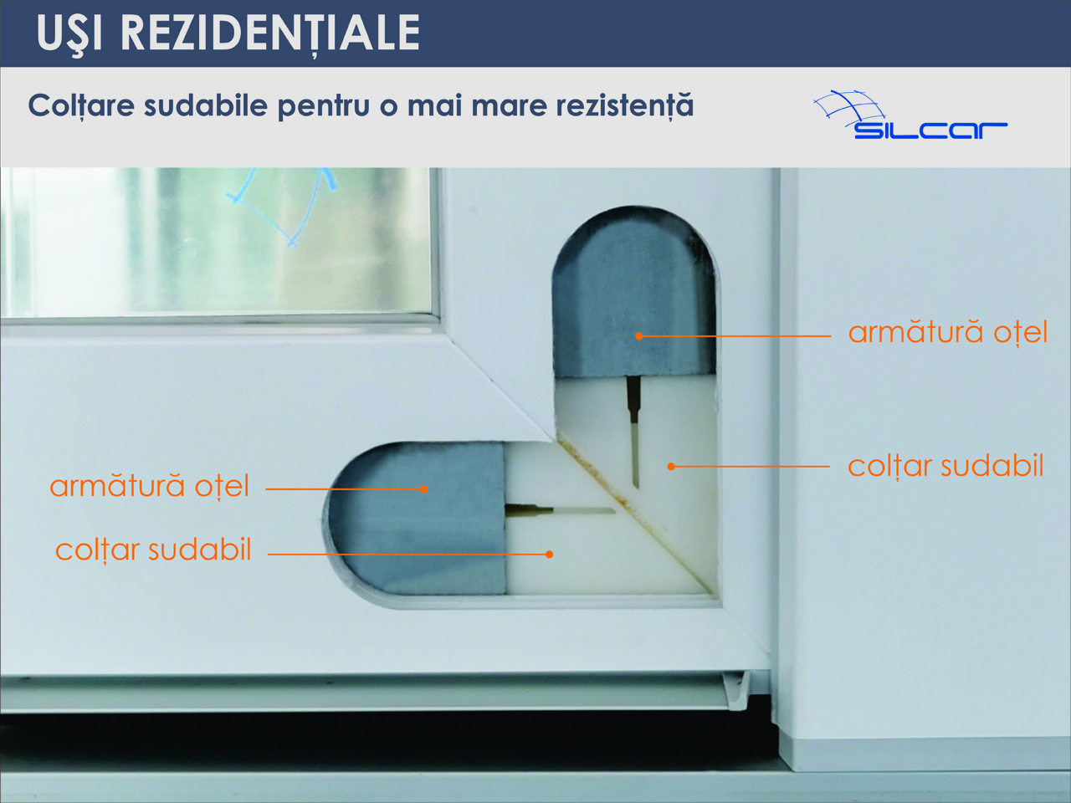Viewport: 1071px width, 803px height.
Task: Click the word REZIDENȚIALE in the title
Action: tap(269, 33)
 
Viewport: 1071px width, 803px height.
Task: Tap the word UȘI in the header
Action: tap(69, 34)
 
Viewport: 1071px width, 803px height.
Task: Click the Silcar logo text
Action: tap(930, 130)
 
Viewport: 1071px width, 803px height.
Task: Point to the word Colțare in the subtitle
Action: tap(81, 106)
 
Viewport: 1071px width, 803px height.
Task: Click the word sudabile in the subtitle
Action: tap(206, 105)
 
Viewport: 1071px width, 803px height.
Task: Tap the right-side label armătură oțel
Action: tap(947, 333)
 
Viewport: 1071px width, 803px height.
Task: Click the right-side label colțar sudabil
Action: tap(945, 466)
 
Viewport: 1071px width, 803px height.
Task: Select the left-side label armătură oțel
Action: tap(149, 486)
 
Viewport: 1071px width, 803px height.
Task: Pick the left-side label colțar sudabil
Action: tap(153, 550)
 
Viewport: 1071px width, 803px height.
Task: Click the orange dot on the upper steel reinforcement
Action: tap(638, 336)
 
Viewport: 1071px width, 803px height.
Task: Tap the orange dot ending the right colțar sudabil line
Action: tap(671, 467)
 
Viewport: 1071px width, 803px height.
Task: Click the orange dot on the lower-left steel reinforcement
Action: tap(423, 489)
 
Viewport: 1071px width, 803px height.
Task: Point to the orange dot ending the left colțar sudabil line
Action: tap(550, 555)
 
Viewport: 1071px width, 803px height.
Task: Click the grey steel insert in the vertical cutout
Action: tap(634, 293)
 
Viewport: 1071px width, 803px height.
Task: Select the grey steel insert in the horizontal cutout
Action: tap(416, 518)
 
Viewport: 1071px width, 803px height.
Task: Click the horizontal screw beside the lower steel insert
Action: tap(560, 510)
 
